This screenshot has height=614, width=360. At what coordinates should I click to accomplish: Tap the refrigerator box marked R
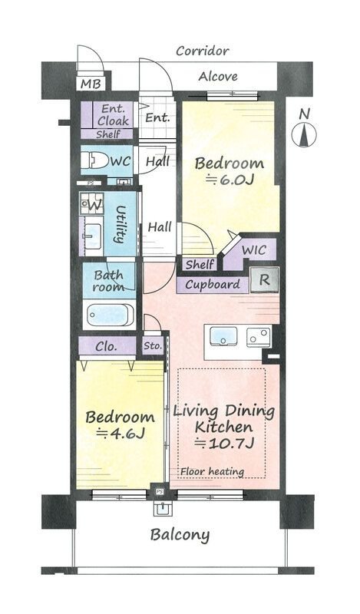pyautogui.click(x=265, y=280)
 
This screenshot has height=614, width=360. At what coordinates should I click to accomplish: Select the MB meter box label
pyautogui.click(x=91, y=84)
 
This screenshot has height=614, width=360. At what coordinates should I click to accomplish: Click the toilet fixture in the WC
pyautogui.click(x=94, y=160)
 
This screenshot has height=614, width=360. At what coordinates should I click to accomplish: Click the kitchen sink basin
pyautogui.click(x=223, y=336)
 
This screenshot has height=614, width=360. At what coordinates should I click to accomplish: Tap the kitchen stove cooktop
pyautogui.click(x=259, y=337)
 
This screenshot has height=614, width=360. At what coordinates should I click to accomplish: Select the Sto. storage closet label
pyautogui.click(x=153, y=346)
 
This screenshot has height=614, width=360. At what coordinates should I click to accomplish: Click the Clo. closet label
pyautogui.click(x=106, y=347)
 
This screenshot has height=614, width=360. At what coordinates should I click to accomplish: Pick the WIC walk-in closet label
pyautogui.click(x=254, y=250)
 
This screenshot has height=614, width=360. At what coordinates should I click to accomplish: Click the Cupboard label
pyautogui.click(x=213, y=285)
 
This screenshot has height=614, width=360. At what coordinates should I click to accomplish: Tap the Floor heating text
pyautogui.click(x=213, y=472)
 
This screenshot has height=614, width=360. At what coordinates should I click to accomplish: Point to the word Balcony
pyautogui.click(x=180, y=535)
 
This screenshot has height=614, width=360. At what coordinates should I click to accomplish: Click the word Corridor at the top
pyautogui.click(x=203, y=51)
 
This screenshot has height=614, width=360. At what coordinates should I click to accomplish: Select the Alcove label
pyautogui.click(x=218, y=76)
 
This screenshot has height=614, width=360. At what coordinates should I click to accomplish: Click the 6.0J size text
pyautogui.click(x=230, y=180)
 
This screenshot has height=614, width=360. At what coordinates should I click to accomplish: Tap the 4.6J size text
pyautogui.click(x=121, y=433)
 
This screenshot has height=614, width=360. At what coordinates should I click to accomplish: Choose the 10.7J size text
pyautogui.click(x=225, y=443)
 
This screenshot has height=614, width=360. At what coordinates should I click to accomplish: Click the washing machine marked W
pyautogui.click(x=92, y=203)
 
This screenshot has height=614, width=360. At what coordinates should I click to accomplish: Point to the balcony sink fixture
pyautogui.click(x=162, y=509)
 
